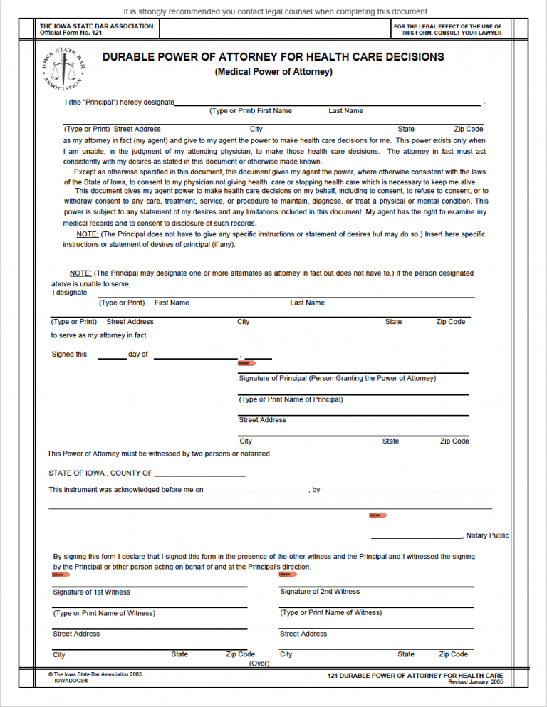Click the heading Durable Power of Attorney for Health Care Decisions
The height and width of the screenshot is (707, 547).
(273, 57)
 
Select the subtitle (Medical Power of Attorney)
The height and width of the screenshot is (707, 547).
(273, 72)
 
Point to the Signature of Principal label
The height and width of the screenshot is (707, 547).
(337, 378)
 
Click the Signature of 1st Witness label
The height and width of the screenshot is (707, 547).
(91, 592)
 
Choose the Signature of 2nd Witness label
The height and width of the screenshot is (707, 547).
(320, 592)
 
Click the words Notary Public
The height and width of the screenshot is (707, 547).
(488, 535)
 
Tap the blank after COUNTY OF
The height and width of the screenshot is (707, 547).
(199, 473)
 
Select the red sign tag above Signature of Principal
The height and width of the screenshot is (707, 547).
(246, 363)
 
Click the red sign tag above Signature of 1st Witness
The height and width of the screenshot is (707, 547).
(61, 574)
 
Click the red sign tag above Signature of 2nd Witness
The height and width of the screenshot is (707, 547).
(288, 574)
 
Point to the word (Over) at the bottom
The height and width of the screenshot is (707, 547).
(259, 663)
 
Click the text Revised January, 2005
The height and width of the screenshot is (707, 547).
(475, 681)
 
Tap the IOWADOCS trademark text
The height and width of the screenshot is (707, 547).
(71, 681)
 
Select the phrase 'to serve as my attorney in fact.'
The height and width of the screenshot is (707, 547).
(99, 335)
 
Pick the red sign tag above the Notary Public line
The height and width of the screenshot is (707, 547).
(377, 515)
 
